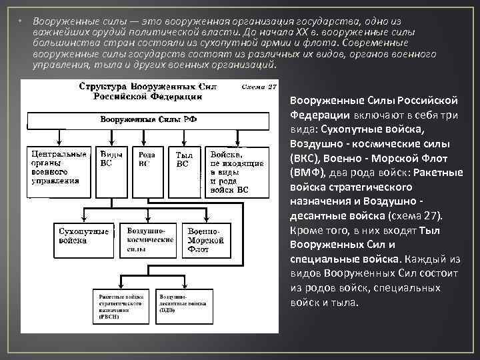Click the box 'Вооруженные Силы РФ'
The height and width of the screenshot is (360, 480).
click(148, 120)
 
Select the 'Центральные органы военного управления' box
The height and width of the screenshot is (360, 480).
click(57, 167)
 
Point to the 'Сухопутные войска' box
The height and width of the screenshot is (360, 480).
click(83, 236)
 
